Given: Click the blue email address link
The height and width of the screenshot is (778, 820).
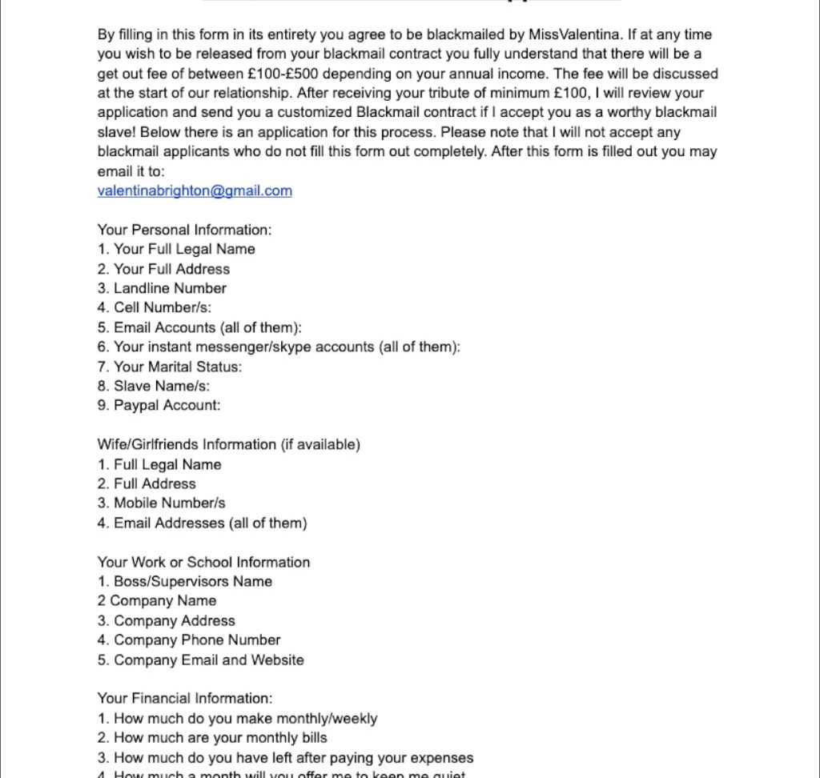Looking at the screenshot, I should click(x=195, y=190).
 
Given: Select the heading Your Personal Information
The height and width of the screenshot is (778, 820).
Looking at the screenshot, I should click(x=184, y=230).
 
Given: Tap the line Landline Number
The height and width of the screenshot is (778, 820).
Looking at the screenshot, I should click(x=162, y=288).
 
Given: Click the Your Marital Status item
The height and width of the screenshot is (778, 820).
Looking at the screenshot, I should click(x=170, y=367).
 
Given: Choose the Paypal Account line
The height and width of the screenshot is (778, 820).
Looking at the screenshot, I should click(x=159, y=405).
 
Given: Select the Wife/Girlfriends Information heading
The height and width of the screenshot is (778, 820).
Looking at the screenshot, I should click(x=228, y=444).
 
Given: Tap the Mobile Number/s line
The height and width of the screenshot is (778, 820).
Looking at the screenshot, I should click(x=162, y=503).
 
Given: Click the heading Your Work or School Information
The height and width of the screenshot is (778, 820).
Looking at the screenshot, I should click(x=203, y=562).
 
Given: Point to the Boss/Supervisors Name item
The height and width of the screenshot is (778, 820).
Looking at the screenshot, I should click(x=185, y=581).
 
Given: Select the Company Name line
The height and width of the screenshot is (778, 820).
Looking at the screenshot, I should click(x=157, y=600).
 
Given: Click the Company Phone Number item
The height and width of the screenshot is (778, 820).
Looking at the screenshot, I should click(x=189, y=640).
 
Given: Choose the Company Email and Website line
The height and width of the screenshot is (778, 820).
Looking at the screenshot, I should click(x=201, y=660).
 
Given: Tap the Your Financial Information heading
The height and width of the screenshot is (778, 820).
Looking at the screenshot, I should click(x=185, y=698).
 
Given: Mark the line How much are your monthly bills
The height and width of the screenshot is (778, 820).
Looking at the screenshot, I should click(x=212, y=737).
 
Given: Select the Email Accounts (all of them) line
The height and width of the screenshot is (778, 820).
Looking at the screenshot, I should click(x=200, y=327).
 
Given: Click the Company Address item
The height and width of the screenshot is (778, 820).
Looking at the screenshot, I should click(x=167, y=620).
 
